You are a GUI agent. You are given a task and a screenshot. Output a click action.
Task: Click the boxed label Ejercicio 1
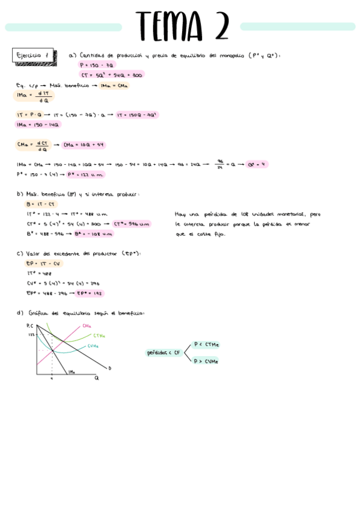(32, 55)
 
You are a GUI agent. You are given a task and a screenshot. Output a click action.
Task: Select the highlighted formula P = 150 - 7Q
(97, 65)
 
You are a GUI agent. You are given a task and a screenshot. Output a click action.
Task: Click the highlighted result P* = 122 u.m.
(85, 174)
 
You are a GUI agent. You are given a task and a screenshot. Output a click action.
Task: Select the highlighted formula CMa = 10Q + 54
(84, 144)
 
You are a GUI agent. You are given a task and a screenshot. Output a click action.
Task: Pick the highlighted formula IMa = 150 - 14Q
(38, 124)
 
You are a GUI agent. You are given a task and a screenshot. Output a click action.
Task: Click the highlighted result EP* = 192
(90, 293)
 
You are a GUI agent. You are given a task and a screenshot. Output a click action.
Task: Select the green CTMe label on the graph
(99, 336)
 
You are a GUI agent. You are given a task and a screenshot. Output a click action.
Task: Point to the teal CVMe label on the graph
(93, 346)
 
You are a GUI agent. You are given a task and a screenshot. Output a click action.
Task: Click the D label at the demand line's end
(110, 368)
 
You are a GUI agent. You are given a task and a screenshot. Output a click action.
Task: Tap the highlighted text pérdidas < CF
(164, 353)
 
